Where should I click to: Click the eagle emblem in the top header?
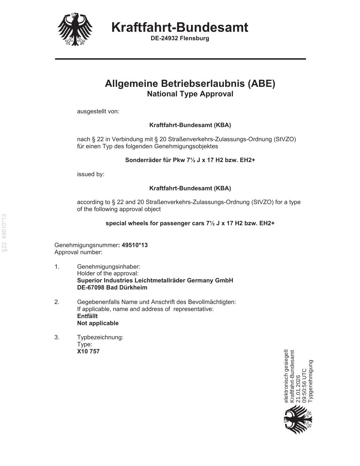tap(75, 30)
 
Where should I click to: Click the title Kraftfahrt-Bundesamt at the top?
tap(180, 27)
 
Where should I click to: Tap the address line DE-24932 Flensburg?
tap(180, 38)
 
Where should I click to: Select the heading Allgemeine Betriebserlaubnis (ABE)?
tap(190, 84)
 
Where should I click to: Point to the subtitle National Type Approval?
tap(190, 94)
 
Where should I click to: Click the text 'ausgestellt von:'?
tap(98, 112)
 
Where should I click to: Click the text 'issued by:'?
tap(91, 174)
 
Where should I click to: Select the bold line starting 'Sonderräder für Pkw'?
tap(190, 160)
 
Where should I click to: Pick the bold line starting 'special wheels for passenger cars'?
tap(190, 223)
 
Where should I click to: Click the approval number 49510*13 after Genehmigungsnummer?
tap(134, 245)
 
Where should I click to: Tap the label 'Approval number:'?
tap(78, 252)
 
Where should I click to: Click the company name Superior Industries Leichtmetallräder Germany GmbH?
tap(155, 280)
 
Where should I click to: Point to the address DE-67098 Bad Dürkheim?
tap(112, 287)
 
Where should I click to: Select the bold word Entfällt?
tap(87, 316)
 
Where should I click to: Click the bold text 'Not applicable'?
tap(98, 323)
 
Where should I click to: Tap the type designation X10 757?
tap(88, 351)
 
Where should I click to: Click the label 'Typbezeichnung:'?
tap(100, 337)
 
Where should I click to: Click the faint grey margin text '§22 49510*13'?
tap(5, 233)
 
